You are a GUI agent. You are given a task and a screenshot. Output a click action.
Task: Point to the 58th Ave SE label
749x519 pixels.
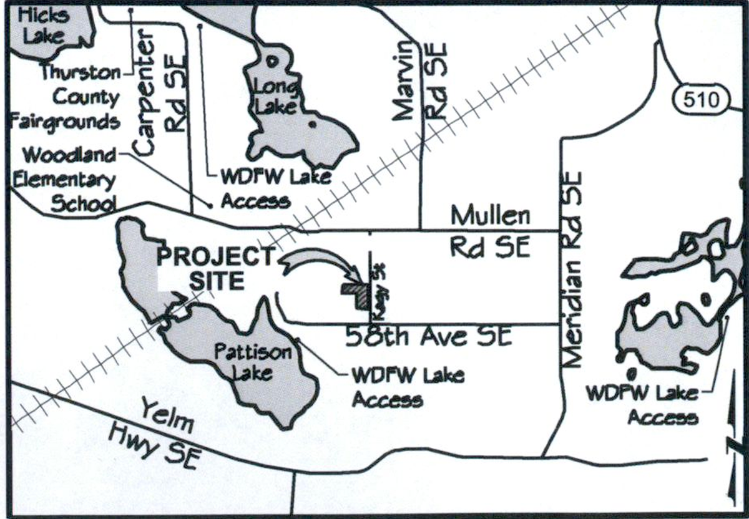[x=429, y=337]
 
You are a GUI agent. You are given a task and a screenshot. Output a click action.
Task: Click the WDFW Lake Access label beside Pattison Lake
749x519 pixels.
[x=408, y=387]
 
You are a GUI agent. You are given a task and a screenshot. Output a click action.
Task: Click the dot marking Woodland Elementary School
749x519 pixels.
[x=210, y=204]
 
